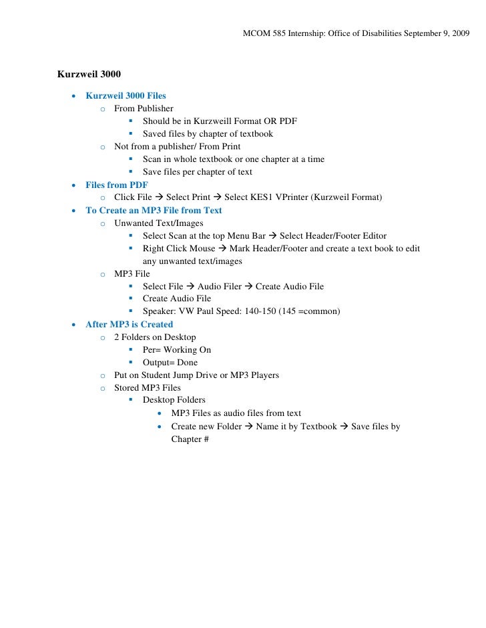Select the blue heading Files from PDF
(117, 185)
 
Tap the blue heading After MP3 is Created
(129, 325)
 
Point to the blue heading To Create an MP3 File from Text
(154, 210)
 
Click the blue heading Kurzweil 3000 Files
(126, 96)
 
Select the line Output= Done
(170, 363)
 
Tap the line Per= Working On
(176, 350)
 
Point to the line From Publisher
(144, 108)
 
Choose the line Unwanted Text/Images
(159, 223)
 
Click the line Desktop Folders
(174, 400)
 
